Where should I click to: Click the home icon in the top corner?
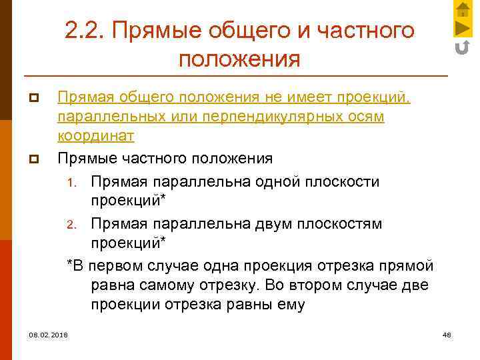pyautogui.click(x=462, y=10)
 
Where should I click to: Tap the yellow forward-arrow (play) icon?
pyautogui.click(x=462, y=28)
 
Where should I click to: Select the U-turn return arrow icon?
pyautogui.click(x=462, y=47)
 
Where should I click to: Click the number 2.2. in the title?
pyautogui.click(x=85, y=30)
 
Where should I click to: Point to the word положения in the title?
pyautogui.click(x=240, y=59)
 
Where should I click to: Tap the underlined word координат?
pyautogui.click(x=96, y=135)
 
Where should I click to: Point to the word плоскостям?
pyautogui.click(x=346, y=223)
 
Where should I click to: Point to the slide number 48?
pyautogui.click(x=447, y=334)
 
